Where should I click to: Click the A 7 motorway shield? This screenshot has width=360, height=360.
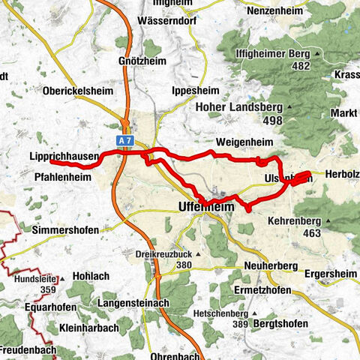[x=124, y=140]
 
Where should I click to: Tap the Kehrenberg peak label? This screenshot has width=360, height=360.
[x=298, y=221]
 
